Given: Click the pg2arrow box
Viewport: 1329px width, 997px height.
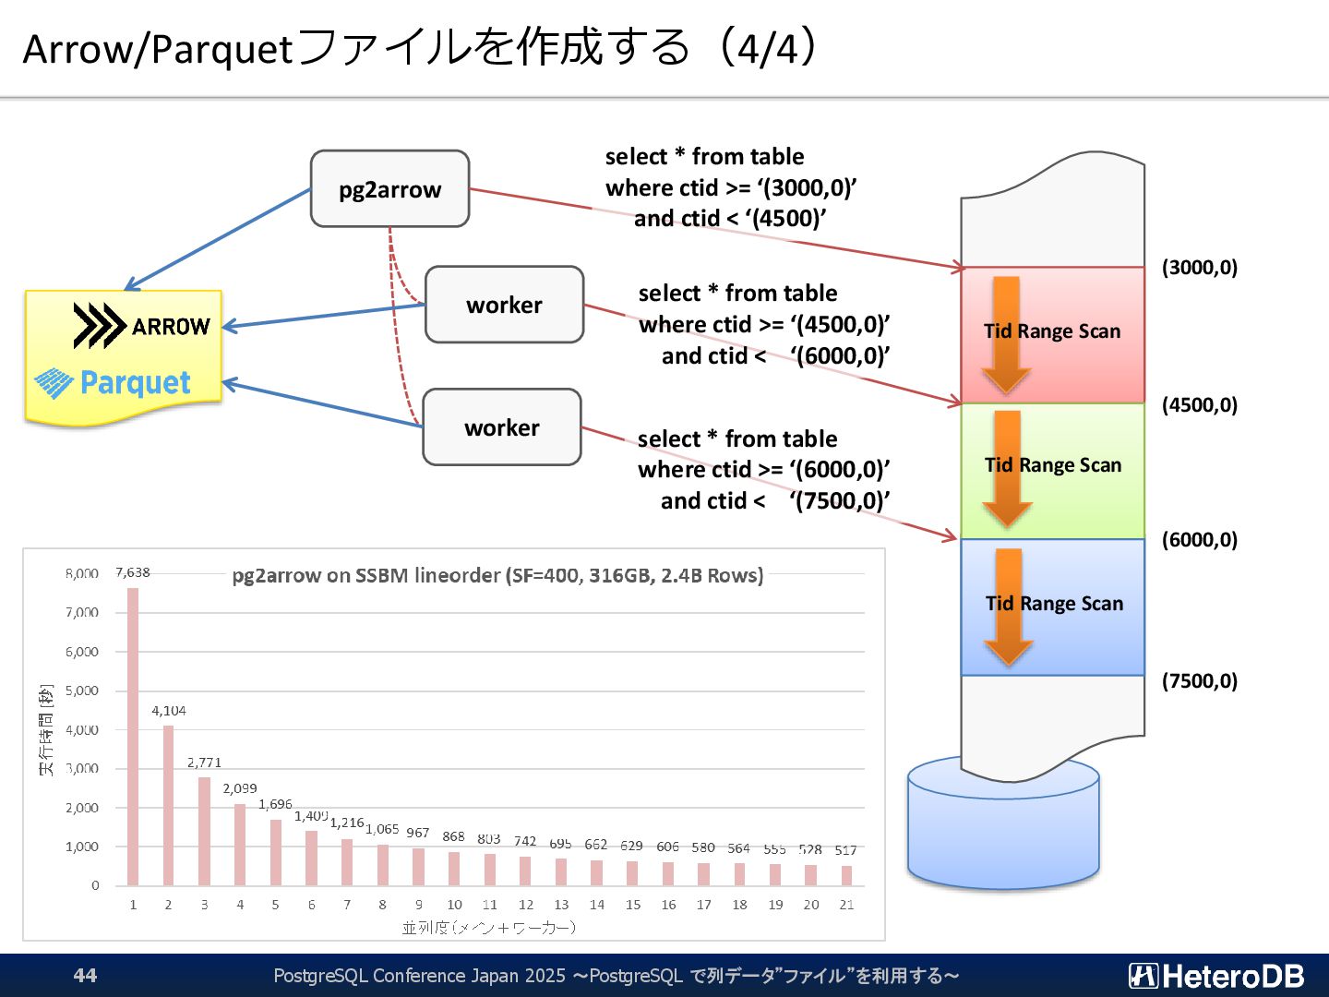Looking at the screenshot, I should pyautogui.click(x=389, y=189).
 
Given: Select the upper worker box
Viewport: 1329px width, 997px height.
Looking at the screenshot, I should pyautogui.click(x=504, y=305).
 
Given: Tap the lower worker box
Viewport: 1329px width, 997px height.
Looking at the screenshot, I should pyautogui.click(x=502, y=427).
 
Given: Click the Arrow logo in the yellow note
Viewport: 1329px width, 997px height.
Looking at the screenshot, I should pyautogui.click(x=141, y=326).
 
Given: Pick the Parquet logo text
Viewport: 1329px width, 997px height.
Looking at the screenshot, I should pyautogui.click(x=135, y=382).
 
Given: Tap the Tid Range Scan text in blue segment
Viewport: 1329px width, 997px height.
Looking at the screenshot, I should pyautogui.click(x=1054, y=604).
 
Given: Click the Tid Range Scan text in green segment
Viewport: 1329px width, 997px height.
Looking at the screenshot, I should pyautogui.click(x=1053, y=465).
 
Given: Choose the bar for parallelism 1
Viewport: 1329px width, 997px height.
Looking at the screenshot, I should pyautogui.click(x=133, y=736).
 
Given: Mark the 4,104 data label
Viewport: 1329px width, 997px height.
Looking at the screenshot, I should pyautogui.click(x=169, y=711).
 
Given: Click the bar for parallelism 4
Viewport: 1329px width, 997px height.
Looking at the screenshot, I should pyautogui.click(x=240, y=844).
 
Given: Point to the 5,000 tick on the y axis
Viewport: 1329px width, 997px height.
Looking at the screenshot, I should pyautogui.click(x=82, y=691).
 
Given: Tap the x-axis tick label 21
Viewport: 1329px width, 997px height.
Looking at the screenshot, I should pyautogui.click(x=846, y=905).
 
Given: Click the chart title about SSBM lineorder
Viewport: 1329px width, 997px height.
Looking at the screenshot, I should pyautogui.click(x=497, y=575).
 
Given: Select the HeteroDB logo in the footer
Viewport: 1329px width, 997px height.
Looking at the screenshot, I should pyautogui.click(x=1215, y=976).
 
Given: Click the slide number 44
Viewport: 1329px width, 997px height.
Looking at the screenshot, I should pyautogui.click(x=85, y=976).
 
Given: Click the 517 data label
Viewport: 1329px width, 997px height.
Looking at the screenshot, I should pyautogui.click(x=845, y=850).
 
